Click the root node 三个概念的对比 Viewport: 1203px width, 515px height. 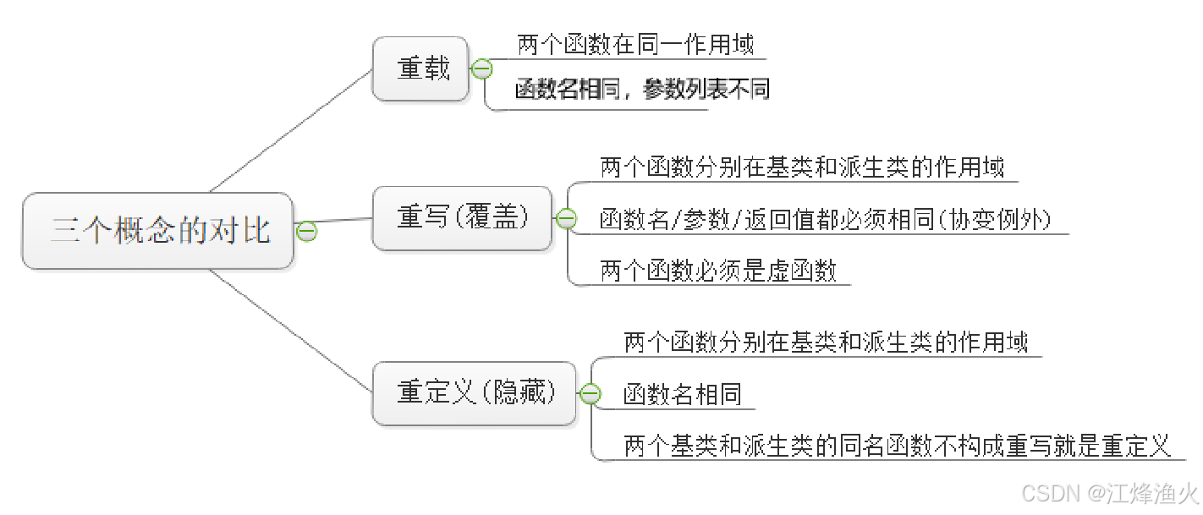tap(158, 231)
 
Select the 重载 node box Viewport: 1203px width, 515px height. tap(420, 69)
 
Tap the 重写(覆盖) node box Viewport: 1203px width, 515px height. tap(462, 218)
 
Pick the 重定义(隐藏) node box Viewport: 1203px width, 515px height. tap(475, 393)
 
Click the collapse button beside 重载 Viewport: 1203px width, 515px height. tap(481, 69)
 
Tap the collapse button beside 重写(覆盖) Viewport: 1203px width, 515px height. tap(565, 219)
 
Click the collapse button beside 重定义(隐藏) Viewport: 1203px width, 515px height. tap(590, 394)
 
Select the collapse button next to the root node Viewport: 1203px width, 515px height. tap(306, 231)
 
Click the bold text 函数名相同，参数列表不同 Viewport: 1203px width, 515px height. tap(642, 90)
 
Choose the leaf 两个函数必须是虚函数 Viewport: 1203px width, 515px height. tap(718, 271)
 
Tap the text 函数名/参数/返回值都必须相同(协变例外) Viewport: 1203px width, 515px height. tap(825, 221)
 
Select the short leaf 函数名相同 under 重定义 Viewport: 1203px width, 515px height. tap(683, 394)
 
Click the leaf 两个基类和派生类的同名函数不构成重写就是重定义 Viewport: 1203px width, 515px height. tap(897, 446)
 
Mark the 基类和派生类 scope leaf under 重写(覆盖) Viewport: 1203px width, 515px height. tap(802, 167)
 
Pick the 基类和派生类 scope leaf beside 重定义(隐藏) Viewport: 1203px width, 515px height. tap(826, 342)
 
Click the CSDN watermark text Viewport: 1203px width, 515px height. tap(1109, 493)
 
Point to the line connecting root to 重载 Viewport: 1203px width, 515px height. tap(292, 130)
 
